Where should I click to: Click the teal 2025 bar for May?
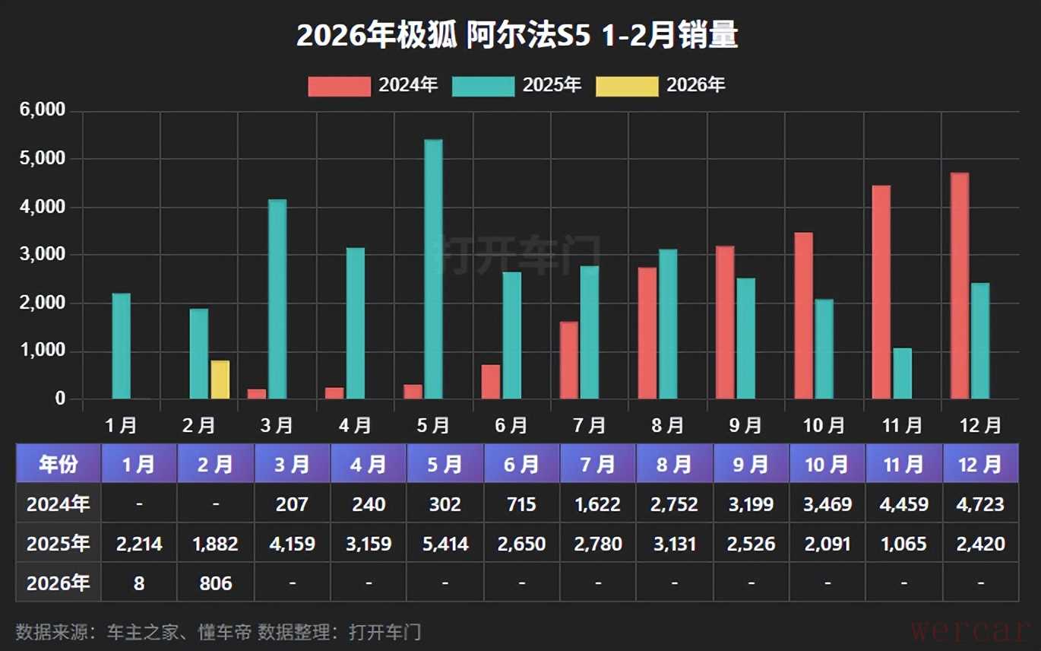(433, 269)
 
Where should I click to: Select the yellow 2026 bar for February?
(220, 379)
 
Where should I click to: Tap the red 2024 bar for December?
(960, 286)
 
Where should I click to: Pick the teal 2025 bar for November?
(902, 373)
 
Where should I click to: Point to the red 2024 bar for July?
(569, 360)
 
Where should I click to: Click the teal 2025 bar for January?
(122, 346)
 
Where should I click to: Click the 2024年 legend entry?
(373, 85)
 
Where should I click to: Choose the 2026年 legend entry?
(661, 85)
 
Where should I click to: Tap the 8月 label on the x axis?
(668, 425)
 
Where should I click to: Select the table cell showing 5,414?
(445, 544)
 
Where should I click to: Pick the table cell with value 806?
(215, 583)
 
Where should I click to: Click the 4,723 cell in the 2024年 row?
(980, 504)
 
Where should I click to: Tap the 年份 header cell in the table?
(59, 464)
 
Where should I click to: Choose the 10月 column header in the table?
(827, 464)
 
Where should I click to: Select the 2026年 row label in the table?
(59, 583)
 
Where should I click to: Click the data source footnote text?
(218, 631)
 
